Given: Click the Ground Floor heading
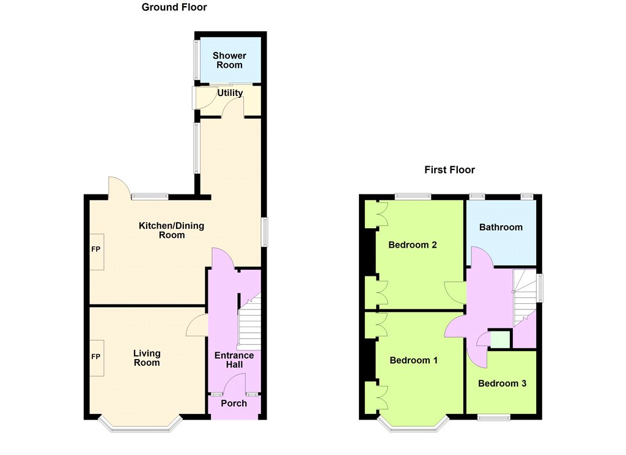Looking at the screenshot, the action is click(174, 7).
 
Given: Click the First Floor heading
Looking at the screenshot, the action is click(449, 170).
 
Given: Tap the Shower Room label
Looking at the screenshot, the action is click(230, 61).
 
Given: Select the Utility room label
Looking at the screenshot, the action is click(230, 93).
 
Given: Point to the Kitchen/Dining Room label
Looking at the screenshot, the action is click(172, 230).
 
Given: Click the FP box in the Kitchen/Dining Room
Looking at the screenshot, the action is click(97, 252).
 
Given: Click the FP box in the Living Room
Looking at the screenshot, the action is click(97, 358).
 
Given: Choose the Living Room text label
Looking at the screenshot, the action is click(147, 358).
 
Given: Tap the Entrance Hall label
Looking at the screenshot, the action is click(234, 360).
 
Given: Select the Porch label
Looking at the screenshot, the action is click(234, 404).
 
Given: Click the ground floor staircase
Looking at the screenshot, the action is click(249, 322).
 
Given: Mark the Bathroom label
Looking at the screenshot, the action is click(501, 227).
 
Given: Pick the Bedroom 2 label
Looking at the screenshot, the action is click(413, 245).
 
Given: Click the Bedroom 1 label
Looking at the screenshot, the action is click(414, 360).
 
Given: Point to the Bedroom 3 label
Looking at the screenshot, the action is click(503, 383).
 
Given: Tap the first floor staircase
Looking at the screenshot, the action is click(524, 297).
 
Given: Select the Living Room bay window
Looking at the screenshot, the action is click(140, 425).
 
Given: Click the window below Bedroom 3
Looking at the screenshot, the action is click(494, 418).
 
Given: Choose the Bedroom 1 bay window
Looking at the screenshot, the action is click(413, 425).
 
